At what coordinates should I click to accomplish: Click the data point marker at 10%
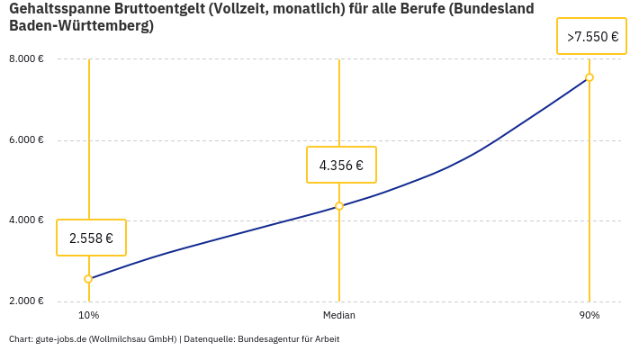click(x=88, y=279)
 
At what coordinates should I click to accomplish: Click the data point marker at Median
click(x=339, y=206)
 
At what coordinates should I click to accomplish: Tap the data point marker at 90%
click(x=589, y=77)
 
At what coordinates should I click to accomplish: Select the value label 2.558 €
click(x=91, y=238)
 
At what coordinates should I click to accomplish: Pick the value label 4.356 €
click(x=341, y=165)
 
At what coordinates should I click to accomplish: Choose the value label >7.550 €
click(x=592, y=37)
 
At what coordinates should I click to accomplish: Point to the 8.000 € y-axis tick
click(x=26, y=59)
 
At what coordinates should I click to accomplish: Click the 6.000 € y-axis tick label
click(x=26, y=139)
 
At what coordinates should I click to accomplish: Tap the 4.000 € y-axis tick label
click(x=26, y=220)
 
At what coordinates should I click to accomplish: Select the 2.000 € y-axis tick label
click(x=26, y=301)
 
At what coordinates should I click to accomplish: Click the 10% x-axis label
click(x=88, y=316)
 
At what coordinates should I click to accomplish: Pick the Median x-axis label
click(x=339, y=316)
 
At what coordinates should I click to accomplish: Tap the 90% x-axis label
click(x=589, y=316)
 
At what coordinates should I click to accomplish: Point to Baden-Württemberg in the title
click(x=81, y=26)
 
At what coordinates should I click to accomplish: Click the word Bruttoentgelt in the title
click(x=162, y=9)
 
